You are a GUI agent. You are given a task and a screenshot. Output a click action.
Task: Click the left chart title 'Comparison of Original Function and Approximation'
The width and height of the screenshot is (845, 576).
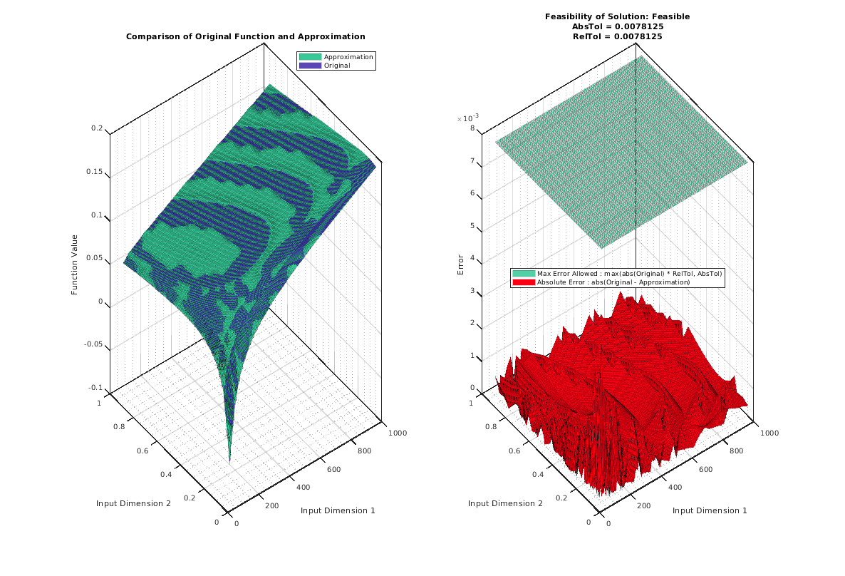[x=245, y=36]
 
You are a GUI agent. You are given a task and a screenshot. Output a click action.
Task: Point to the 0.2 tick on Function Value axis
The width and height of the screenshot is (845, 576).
[x=96, y=128]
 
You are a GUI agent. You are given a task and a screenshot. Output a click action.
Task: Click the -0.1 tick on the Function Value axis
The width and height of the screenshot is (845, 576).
[x=95, y=388]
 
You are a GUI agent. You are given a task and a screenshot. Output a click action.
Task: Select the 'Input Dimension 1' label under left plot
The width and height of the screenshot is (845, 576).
[x=337, y=510]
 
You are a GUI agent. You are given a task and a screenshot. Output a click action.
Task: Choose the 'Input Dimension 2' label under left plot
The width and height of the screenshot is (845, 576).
[x=133, y=503]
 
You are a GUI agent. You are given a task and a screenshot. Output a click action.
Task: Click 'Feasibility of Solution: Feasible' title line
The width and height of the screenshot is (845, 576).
[x=617, y=16]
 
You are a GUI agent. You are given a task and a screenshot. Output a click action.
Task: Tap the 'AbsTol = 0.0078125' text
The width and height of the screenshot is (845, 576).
[x=617, y=26]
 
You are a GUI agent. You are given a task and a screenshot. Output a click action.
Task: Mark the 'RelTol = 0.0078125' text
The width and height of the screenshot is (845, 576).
[x=617, y=36]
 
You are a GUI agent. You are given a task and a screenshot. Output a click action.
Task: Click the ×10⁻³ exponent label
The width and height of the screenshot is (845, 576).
[x=468, y=118]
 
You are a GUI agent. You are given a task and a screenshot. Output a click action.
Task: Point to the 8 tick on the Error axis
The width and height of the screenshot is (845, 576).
[x=472, y=129]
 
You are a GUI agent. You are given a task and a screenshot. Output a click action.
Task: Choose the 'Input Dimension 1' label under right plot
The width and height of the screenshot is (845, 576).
[x=709, y=510]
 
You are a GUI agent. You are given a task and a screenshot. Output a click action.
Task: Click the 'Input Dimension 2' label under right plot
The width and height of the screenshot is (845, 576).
[x=505, y=503]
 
